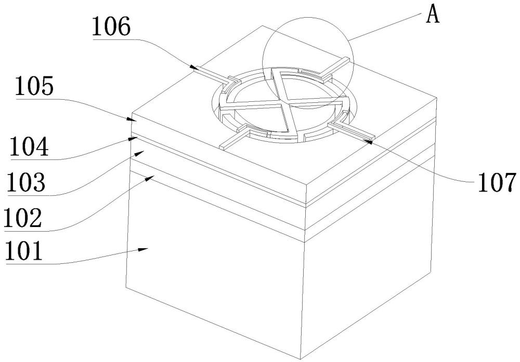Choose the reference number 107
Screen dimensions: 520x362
click(496, 182)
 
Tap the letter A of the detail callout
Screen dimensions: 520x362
click(433, 15)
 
